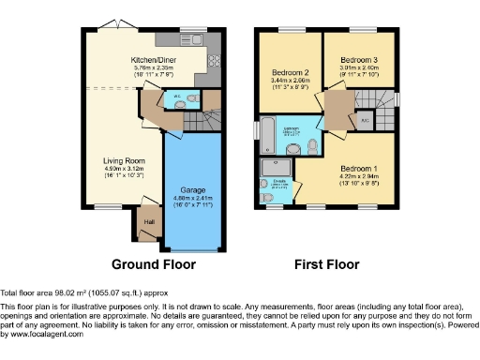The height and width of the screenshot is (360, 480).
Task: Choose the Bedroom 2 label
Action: tap(291, 72)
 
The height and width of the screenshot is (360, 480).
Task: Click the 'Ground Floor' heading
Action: tap(154, 264)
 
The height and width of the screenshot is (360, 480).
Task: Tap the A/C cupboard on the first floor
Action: tap(365, 121)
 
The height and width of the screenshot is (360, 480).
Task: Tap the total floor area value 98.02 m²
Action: tap(67, 292)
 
